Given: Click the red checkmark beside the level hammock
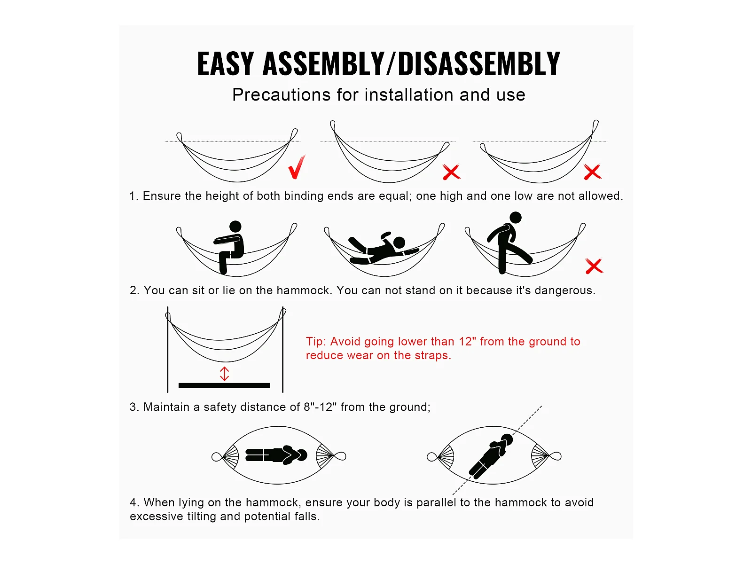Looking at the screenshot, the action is pyautogui.click(x=297, y=167).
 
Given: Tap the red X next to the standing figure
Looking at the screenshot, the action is pyautogui.click(x=594, y=266).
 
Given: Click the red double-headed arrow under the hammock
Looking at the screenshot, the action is pyautogui.click(x=224, y=374).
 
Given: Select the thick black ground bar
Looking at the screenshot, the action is pyautogui.click(x=224, y=385).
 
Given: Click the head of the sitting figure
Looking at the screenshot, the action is pyautogui.click(x=235, y=227).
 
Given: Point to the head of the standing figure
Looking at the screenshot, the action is pyautogui.click(x=516, y=218).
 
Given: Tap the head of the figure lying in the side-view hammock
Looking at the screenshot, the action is pyautogui.click(x=399, y=243).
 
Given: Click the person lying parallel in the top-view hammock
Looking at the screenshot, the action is pyautogui.click(x=276, y=455).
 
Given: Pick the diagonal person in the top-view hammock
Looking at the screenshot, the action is pyautogui.click(x=491, y=456).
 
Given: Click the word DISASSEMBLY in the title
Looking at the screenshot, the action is pyautogui.click(x=479, y=64).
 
